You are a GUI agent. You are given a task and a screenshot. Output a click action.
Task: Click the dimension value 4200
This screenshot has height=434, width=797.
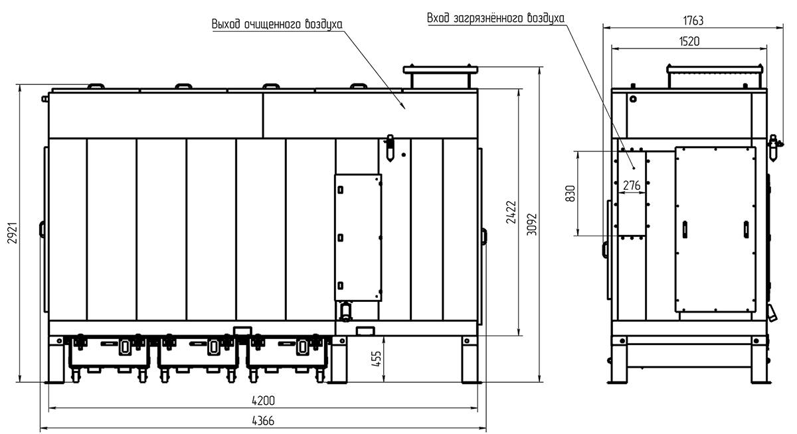(x=263, y=401)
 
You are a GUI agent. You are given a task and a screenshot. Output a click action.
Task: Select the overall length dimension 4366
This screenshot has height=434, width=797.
(x=263, y=421)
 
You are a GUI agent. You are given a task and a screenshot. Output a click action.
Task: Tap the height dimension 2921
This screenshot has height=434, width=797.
(x=13, y=233)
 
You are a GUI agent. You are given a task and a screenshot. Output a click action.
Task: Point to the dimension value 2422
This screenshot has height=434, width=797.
(x=511, y=212)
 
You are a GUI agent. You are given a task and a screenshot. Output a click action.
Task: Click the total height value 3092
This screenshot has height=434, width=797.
(x=531, y=224)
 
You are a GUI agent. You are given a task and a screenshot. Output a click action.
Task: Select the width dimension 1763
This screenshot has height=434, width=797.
(x=693, y=21)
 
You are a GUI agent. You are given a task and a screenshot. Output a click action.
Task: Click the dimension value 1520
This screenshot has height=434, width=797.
(x=689, y=42)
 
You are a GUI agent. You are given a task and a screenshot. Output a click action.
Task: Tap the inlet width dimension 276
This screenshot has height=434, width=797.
(x=632, y=185)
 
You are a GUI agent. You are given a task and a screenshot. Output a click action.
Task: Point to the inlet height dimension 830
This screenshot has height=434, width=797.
(x=571, y=193)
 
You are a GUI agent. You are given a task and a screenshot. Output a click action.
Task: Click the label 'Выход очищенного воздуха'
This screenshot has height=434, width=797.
(x=277, y=24)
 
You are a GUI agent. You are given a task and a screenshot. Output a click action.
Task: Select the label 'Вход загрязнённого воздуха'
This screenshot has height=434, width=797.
(x=495, y=18)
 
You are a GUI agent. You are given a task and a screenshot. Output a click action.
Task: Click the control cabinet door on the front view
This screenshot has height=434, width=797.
(x=358, y=238)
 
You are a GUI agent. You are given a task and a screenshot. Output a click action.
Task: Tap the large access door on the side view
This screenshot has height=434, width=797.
(x=715, y=230)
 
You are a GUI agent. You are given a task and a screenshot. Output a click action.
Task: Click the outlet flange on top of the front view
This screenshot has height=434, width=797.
(x=440, y=69)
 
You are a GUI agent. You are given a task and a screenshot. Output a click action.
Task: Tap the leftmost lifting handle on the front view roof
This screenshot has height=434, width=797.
(x=96, y=86)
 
